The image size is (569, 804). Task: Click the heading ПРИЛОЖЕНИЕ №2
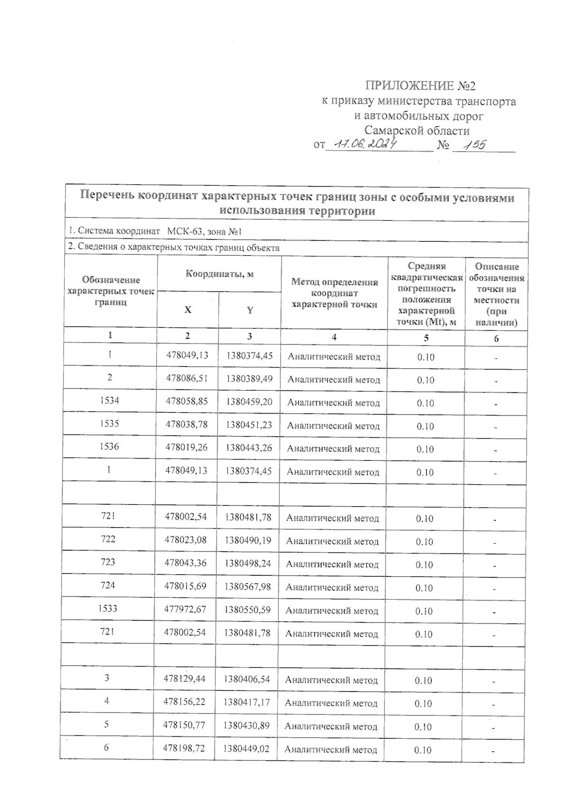pos(420,86)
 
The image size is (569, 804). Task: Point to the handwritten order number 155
pos(474,145)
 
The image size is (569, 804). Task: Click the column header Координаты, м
pos(219,274)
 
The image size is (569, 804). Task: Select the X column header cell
pos(188,310)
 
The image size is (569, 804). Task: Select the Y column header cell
pos(250,310)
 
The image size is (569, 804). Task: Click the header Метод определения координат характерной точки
pos(334,293)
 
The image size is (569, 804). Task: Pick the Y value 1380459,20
pos(249,402)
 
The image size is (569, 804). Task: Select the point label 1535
pos(109,424)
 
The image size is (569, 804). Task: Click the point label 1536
pos(109,446)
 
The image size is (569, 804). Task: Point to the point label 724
pos(108,585)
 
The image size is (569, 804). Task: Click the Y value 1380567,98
pos(248,587)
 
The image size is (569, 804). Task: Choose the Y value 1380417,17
pos(247,702)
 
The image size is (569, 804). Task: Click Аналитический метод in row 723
pos(332,565)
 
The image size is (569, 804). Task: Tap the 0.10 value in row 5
pos(423,727)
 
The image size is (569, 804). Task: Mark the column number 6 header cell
pos(496,338)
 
